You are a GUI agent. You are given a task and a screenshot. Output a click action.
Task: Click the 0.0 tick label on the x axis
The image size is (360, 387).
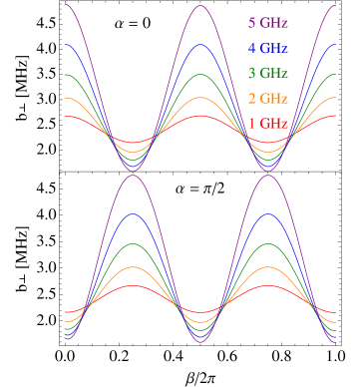pos(65,186)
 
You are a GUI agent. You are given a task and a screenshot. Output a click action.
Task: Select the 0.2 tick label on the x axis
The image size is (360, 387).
pos(119,186)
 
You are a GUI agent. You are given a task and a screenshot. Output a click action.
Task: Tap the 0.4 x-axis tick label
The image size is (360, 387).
pos(173,186)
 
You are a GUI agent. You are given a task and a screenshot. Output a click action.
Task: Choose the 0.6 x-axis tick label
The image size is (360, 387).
pos(226,186)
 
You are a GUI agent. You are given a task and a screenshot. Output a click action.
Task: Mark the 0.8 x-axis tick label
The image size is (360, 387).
pos(280,186)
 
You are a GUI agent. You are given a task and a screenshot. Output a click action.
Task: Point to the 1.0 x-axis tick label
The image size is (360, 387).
pos(334,186)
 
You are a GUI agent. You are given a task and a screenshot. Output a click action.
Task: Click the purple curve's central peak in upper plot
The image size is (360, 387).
pos(200,5)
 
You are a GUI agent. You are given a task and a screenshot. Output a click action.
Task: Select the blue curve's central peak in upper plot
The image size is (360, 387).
pos(200,44)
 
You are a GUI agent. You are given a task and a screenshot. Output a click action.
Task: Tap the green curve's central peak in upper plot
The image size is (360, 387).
pos(200,75)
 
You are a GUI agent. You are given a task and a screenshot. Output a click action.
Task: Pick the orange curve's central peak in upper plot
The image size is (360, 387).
pos(200,98)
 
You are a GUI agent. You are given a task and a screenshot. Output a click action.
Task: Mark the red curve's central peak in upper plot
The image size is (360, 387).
pos(200,116)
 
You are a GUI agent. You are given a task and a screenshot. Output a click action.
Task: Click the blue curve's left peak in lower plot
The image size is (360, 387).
pos(133,215)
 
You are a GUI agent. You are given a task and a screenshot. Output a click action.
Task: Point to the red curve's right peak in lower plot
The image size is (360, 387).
pos(267,286)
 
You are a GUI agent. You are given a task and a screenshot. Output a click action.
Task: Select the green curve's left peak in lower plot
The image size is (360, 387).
pos(133,245)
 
